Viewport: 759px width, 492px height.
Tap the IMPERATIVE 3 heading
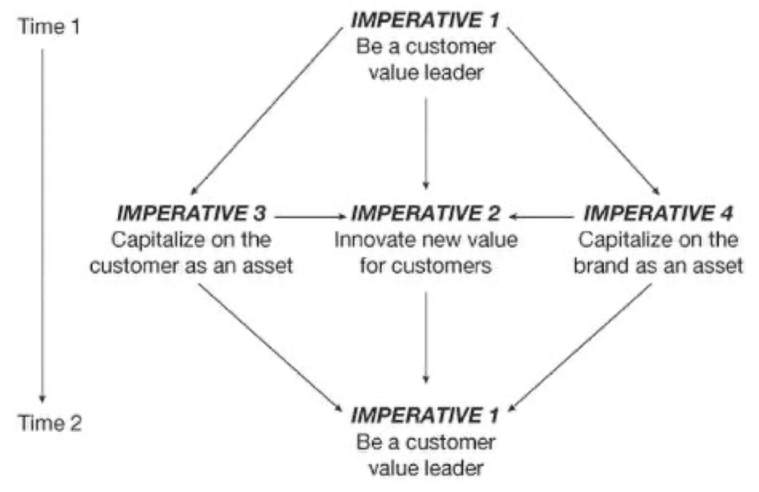point(191,214)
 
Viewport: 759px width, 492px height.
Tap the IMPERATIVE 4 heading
point(659,214)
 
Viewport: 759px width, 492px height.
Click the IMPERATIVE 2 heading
point(426,214)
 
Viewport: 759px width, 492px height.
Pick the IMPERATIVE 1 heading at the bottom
point(426,416)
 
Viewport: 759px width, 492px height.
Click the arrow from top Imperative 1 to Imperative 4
point(583,108)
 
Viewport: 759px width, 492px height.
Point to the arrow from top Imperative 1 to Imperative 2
point(426,142)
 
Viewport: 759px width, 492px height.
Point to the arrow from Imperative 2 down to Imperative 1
point(426,336)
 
